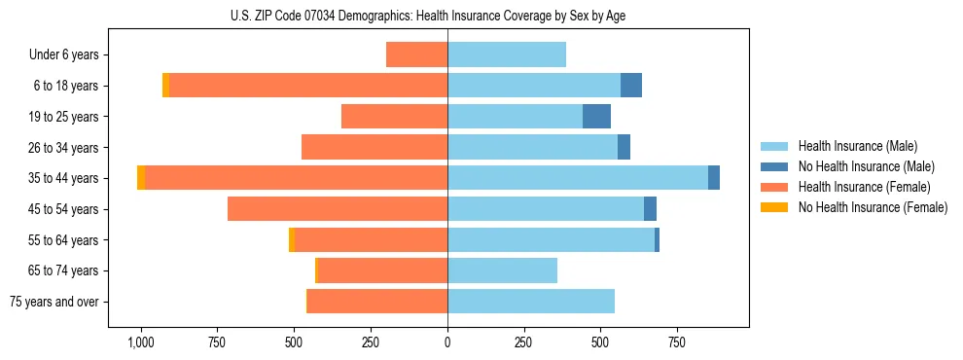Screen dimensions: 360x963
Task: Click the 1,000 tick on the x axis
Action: pyautogui.click(x=141, y=342)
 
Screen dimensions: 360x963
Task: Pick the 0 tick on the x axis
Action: pyautogui.click(x=447, y=342)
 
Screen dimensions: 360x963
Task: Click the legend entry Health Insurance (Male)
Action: pyautogui.click(x=857, y=146)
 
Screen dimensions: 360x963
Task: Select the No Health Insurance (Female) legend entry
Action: pyautogui.click(x=873, y=207)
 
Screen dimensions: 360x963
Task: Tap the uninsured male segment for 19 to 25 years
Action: pyautogui.click(x=596, y=117)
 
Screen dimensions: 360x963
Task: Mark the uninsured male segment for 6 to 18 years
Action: pyautogui.click(x=631, y=86)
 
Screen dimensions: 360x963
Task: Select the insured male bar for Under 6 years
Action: pyautogui.click(x=507, y=55)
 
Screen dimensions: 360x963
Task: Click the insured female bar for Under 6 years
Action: pyautogui.click(x=416, y=55)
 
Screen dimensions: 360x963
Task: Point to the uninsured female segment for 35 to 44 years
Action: pyautogui.click(x=141, y=178)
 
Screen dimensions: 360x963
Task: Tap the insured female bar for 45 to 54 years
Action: pyautogui.click(x=338, y=209)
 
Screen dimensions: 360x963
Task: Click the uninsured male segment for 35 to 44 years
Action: pyautogui.click(x=714, y=178)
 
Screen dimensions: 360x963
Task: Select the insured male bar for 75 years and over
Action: pyautogui.click(x=531, y=302)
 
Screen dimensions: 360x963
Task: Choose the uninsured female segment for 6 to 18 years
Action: pyautogui.click(x=165, y=86)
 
